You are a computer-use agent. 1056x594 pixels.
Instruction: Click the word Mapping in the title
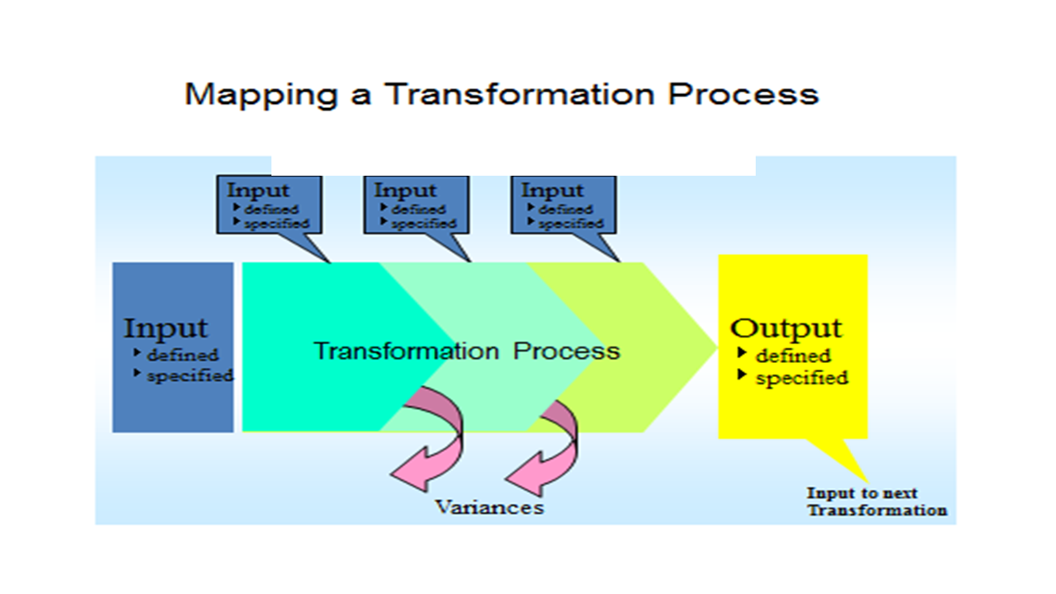(x=260, y=95)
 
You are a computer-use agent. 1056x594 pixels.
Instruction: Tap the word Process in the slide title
(x=742, y=93)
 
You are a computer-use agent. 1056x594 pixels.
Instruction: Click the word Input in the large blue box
(x=166, y=328)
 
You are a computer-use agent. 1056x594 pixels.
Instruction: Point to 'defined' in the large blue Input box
(x=182, y=356)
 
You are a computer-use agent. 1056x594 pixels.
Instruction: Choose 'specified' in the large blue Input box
(x=190, y=376)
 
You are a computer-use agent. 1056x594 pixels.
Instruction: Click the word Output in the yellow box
(x=786, y=328)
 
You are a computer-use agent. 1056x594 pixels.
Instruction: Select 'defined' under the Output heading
(x=793, y=356)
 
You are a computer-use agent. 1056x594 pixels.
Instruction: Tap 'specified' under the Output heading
(x=801, y=379)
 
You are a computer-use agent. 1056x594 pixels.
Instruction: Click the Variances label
(x=489, y=507)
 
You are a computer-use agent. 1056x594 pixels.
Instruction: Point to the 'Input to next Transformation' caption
(x=876, y=502)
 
